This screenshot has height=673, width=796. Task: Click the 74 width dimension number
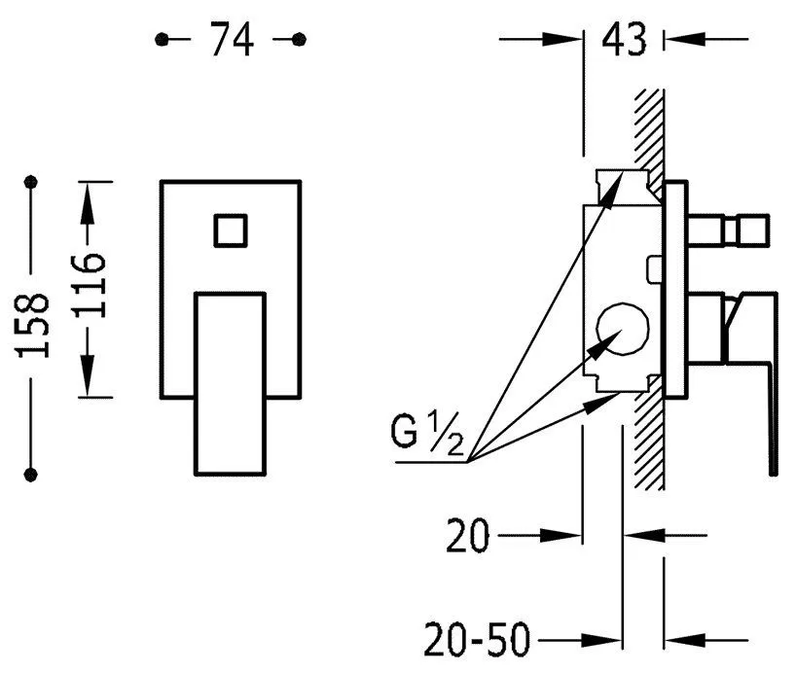pos(232,39)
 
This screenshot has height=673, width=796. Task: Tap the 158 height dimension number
pos(33,325)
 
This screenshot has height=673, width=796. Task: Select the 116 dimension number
pos(90,285)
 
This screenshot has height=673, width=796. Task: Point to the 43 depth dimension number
pos(624,39)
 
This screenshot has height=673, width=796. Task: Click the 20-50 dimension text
pos(476,641)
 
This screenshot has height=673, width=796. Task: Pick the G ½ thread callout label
pos(426,433)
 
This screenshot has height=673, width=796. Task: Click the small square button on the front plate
pos(231,230)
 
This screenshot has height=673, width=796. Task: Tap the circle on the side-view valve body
pos(623,330)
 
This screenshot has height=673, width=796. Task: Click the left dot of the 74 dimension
pos(162,39)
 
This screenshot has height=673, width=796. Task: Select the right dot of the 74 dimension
pos(299,39)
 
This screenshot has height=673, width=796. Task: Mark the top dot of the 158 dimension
pos(31,182)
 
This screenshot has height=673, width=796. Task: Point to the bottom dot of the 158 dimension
pos(31,475)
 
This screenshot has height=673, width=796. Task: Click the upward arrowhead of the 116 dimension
pos(88,202)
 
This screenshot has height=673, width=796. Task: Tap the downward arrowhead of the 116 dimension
pos(88,375)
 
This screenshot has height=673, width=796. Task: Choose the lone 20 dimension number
pos(467,536)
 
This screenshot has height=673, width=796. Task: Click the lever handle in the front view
pos(231,384)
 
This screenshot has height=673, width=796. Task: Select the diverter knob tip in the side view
pos(754,230)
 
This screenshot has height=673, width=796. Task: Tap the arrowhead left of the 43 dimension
pos(561,39)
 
